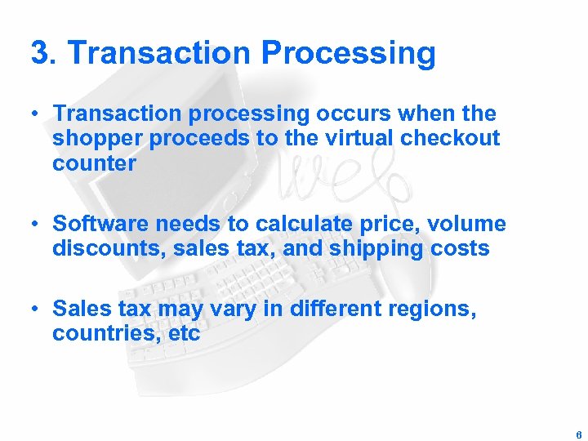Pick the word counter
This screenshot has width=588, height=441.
[94, 163]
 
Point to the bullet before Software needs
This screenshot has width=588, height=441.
[34, 224]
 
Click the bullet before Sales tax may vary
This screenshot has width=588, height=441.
[34, 309]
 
